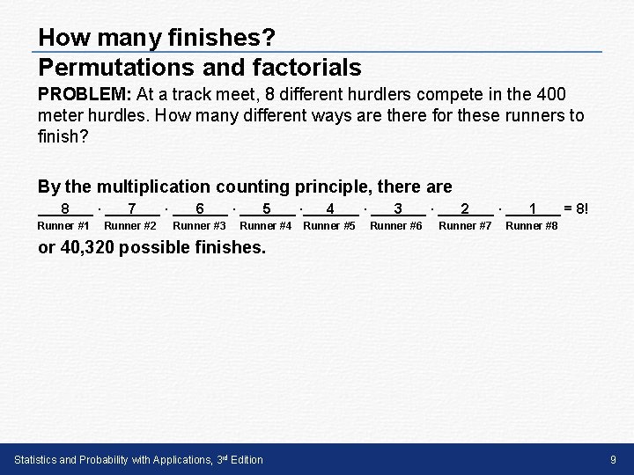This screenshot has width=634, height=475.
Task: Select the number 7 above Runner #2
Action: pyautogui.click(x=131, y=209)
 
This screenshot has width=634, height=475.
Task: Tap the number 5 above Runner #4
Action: pyautogui.click(x=267, y=209)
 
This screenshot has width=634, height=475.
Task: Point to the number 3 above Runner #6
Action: pyautogui.click(x=398, y=209)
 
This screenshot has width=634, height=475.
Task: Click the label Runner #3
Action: pyautogui.click(x=199, y=226)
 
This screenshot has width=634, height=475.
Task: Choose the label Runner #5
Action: pyautogui.click(x=329, y=226)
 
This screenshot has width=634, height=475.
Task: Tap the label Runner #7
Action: pyautogui.click(x=465, y=226)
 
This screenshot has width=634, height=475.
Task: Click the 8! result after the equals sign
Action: pyautogui.click(x=583, y=209)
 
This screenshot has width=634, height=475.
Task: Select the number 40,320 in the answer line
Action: pyautogui.click(x=87, y=247)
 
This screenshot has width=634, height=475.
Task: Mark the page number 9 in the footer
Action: pyautogui.click(x=613, y=459)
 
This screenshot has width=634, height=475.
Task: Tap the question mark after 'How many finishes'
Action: pyautogui.click(x=269, y=38)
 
